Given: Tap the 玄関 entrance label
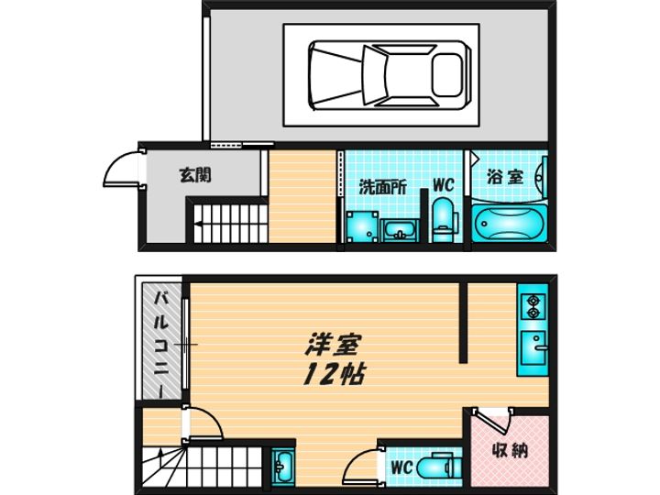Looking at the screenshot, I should pyautogui.click(x=194, y=174).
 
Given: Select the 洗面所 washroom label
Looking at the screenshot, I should pyautogui.click(x=382, y=185).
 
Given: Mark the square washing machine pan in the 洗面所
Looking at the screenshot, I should pyautogui.click(x=360, y=225).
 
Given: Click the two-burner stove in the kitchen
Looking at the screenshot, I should pyautogui.click(x=532, y=306).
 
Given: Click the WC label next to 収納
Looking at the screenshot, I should pyautogui.click(x=400, y=468).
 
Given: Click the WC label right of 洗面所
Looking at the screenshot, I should pyautogui.click(x=443, y=184).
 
